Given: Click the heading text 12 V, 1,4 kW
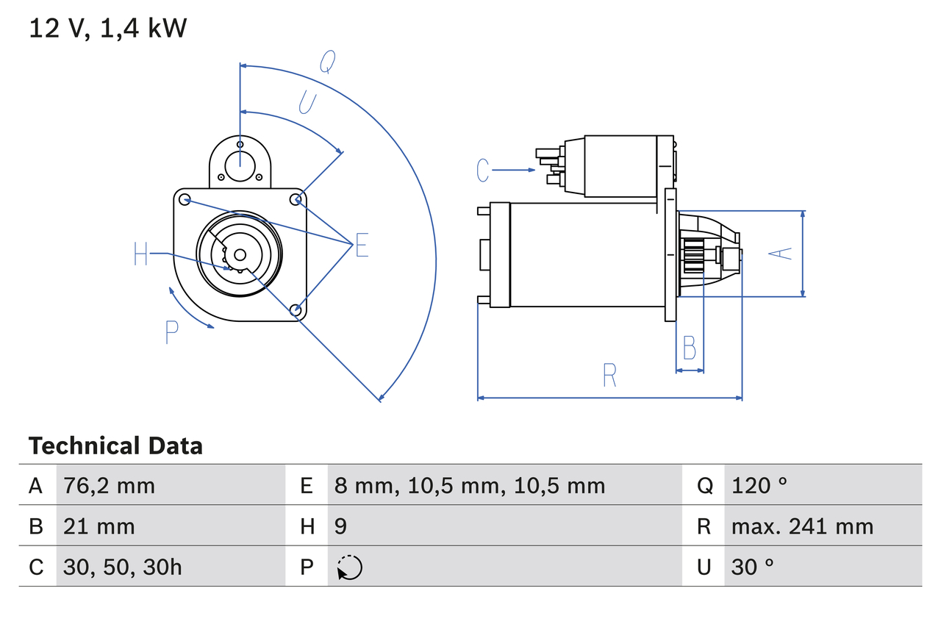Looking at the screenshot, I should tap(108, 28).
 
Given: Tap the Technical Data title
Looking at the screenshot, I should tap(115, 445).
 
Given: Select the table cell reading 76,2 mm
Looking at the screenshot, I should tap(110, 485).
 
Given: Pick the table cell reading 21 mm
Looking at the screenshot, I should tap(99, 526).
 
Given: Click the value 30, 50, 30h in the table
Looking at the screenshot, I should tap(123, 567).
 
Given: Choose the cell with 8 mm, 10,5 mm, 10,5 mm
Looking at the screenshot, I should tap(470, 485).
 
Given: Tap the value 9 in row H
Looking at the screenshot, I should tap(340, 526).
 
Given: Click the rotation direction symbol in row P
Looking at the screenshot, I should tap(349, 567).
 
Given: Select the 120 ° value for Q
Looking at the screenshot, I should tap(759, 485).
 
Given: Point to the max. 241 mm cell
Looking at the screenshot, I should tap(802, 526).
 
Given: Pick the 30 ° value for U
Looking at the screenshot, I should tap(753, 567).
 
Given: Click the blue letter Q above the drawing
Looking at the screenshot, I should tap(328, 63).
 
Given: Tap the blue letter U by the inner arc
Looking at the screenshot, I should tap(307, 103).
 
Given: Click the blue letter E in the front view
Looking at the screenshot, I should tap(361, 246).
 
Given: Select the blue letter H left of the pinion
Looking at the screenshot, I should tap(141, 254).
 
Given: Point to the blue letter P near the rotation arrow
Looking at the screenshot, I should tap(171, 333).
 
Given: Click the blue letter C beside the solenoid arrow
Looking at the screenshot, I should tap(482, 171).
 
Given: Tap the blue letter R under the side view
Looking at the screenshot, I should tap(609, 376).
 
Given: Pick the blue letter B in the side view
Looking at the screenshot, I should tap(689, 348).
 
